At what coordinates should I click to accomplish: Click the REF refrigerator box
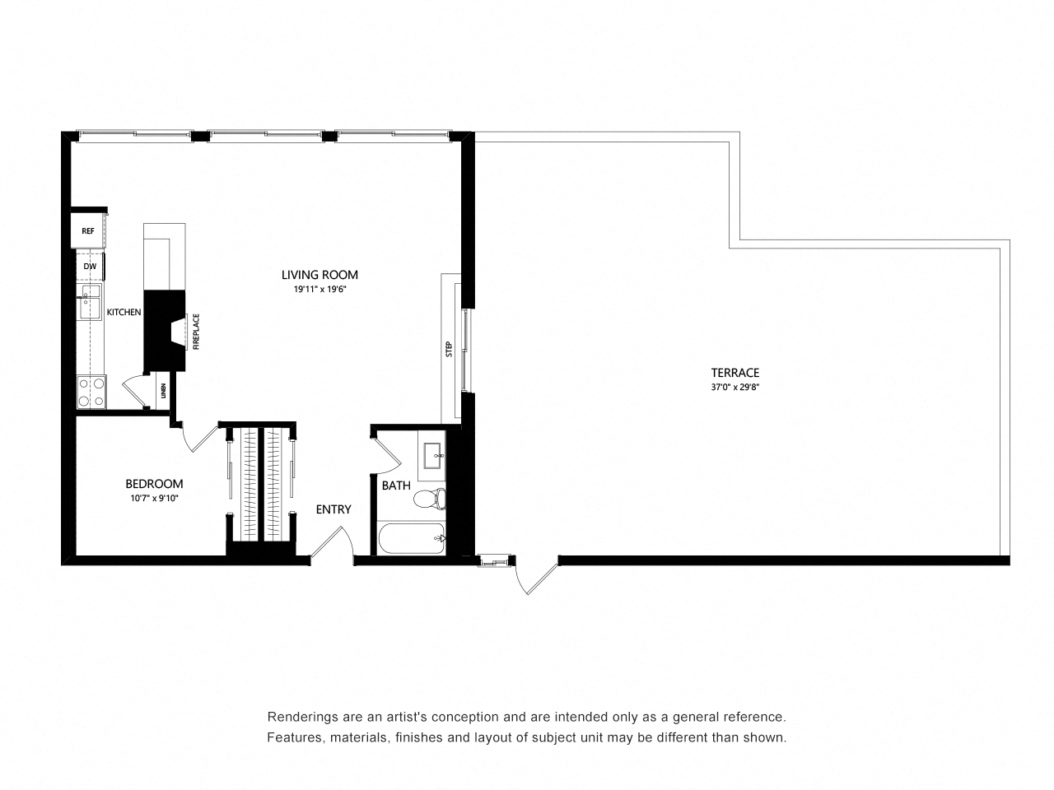pos(88,232)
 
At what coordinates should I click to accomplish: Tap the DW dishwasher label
pos(89,267)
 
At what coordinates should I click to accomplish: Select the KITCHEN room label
pos(124,313)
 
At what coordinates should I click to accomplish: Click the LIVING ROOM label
pos(319,275)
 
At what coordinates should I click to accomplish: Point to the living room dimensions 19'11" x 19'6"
pos(319,290)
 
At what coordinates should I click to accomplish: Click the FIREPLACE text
pos(196,332)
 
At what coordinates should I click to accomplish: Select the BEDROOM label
pos(154,484)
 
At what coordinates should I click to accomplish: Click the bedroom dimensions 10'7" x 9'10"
pos(154,498)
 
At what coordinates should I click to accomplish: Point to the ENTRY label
pos(333,509)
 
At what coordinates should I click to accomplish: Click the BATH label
pos(395,486)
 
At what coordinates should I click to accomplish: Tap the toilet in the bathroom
pos(429,498)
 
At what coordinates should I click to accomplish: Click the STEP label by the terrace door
pos(449,349)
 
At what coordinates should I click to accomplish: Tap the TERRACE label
pos(735,373)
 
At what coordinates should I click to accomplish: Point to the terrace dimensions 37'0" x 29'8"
pos(735,387)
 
